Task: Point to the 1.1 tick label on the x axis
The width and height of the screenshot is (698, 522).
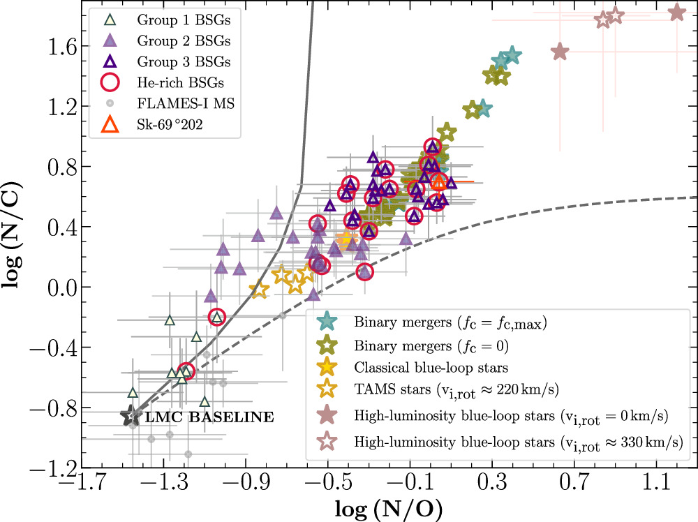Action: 655,482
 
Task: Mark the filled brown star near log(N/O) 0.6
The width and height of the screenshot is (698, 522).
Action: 560,52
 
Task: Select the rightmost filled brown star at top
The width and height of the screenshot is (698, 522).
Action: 676,12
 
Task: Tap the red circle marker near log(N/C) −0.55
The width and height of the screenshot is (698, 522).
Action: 186,371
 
